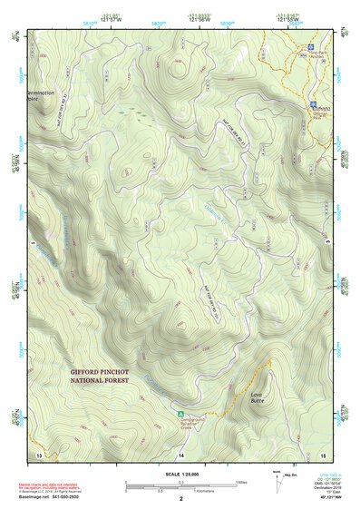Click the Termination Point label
(x=41, y=95)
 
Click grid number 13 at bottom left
(x=39, y=454)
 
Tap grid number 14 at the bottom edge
(x=180, y=454)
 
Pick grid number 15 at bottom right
(x=322, y=454)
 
